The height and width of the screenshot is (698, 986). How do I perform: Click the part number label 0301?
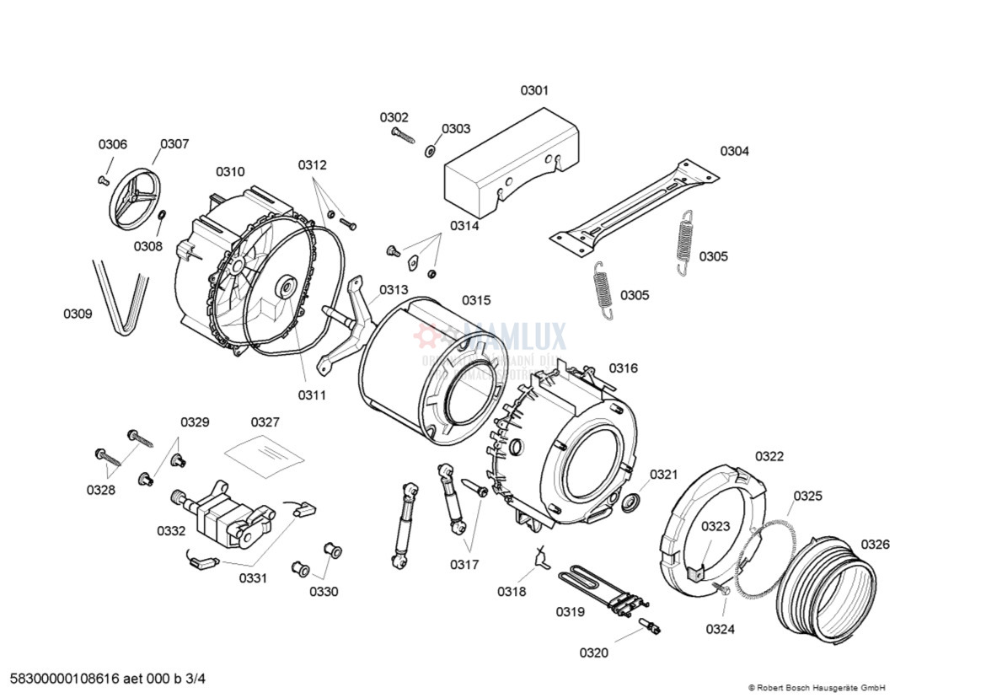(533, 90)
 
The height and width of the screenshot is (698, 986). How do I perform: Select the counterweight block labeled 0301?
(510, 169)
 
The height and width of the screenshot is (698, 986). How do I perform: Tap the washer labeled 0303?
(430, 151)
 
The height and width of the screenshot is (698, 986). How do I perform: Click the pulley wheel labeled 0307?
(135, 199)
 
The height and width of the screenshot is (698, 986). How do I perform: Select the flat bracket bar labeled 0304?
(634, 207)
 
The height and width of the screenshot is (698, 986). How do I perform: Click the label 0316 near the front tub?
(624, 368)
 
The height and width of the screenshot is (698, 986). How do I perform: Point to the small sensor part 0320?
(650, 626)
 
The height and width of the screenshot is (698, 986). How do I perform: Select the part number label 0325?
(807, 496)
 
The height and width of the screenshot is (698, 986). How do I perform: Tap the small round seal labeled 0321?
(630, 504)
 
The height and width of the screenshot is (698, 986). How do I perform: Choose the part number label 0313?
(394, 290)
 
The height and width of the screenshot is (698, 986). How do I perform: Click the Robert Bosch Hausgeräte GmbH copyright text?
(817, 688)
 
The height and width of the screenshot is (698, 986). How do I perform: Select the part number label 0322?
(769, 457)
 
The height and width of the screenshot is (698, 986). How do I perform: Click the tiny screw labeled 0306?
(104, 180)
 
